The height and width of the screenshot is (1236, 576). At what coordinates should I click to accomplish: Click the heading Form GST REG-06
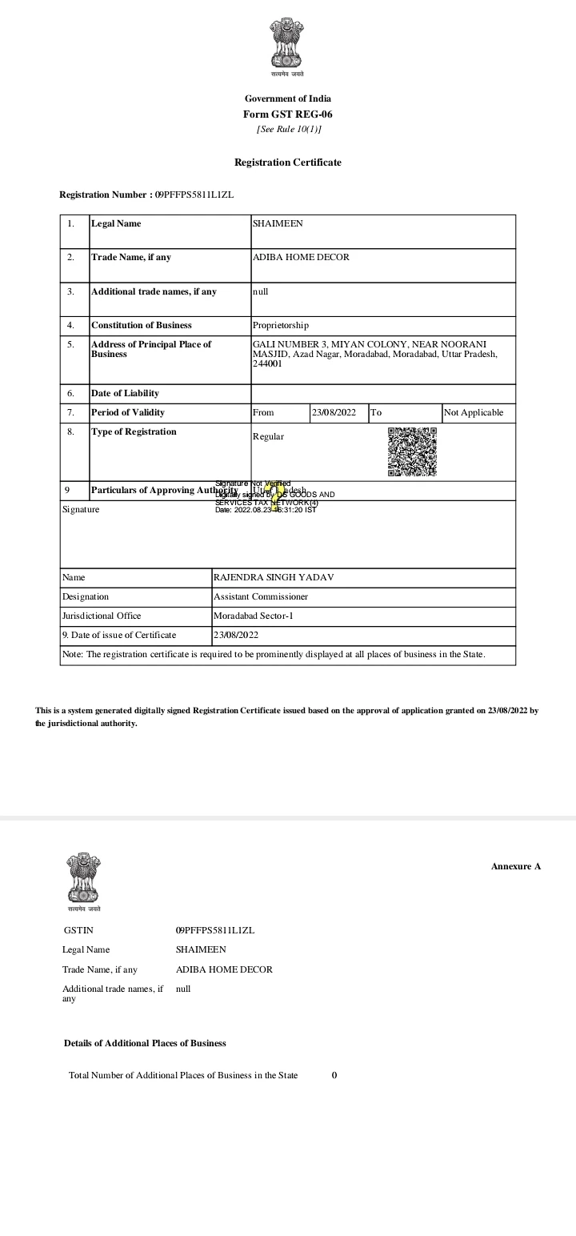point(288,114)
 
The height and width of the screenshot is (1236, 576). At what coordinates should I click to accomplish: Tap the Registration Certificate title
point(288,163)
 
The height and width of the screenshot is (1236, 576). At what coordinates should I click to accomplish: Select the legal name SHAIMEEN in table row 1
point(278,223)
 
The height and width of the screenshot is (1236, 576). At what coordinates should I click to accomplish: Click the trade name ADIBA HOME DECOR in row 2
point(301,257)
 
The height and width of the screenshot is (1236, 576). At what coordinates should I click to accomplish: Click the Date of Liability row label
point(125,393)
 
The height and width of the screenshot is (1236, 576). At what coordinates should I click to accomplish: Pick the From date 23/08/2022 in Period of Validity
point(334,412)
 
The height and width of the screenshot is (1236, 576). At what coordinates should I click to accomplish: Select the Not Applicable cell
point(474,412)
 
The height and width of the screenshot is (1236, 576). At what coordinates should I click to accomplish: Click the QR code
point(412,451)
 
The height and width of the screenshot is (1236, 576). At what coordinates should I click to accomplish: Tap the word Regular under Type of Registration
point(268,436)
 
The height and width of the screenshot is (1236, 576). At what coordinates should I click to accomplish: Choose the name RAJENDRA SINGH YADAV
point(267,577)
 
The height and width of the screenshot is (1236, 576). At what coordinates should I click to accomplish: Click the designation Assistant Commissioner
point(261,596)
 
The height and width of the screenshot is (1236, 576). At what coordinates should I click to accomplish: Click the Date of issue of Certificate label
point(119,635)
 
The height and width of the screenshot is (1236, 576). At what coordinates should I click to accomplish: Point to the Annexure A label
point(516,866)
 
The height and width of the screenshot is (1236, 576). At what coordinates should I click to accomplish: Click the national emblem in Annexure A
point(84,877)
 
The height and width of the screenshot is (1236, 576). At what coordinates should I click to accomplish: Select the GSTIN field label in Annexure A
point(78,930)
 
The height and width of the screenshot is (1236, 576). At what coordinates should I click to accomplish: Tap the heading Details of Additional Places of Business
point(145,1043)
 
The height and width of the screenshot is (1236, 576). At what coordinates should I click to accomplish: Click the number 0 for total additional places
point(334,1075)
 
